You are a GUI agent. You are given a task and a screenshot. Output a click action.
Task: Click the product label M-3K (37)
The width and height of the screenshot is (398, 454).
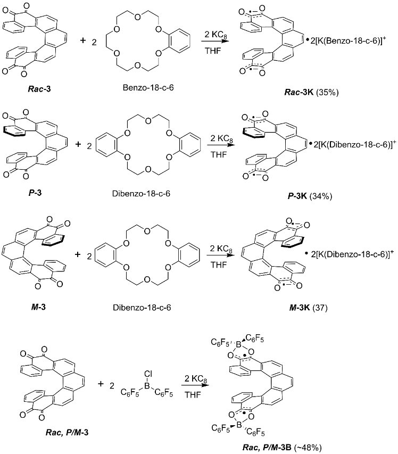point(305,311)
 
